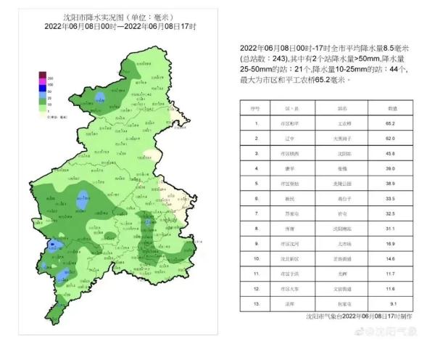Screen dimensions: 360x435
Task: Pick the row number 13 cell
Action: (255, 303)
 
